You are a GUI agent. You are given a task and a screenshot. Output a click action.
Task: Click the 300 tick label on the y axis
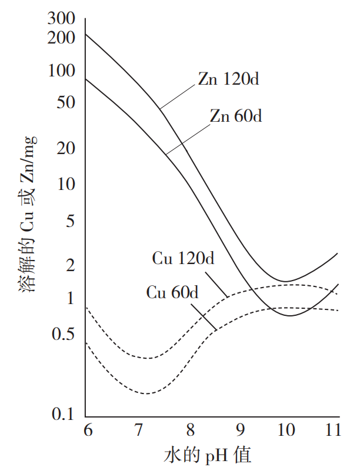[64, 18]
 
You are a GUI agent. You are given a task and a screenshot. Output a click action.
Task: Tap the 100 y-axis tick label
[64, 71]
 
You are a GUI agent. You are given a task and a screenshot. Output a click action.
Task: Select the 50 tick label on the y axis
[68, 102]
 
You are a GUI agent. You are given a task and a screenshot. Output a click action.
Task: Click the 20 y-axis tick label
[68, 148]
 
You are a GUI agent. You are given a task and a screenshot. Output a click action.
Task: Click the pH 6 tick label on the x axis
[86, 429]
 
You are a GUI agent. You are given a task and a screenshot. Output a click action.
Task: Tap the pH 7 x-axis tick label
[136, 429]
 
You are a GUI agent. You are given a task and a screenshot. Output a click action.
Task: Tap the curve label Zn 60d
[236, 116]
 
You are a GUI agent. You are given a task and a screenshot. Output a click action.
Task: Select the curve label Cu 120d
[183, 258]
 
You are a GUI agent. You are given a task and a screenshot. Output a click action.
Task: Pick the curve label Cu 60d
[172, 291]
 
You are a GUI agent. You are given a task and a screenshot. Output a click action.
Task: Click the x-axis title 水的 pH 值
[209, 453]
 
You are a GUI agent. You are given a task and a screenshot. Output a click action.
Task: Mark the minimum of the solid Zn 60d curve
[291, 316]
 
